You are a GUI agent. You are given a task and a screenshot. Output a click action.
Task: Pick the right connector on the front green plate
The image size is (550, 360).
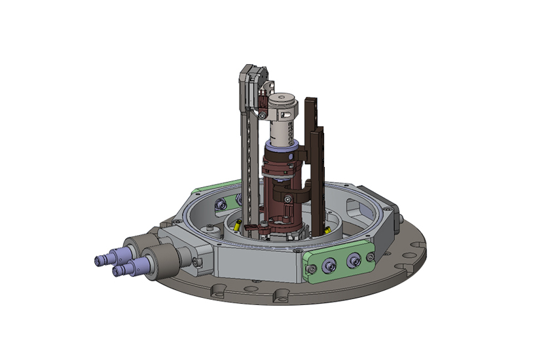pos(354,262)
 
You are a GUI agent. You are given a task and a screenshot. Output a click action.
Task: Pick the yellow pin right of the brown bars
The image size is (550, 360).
pos(327,230)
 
